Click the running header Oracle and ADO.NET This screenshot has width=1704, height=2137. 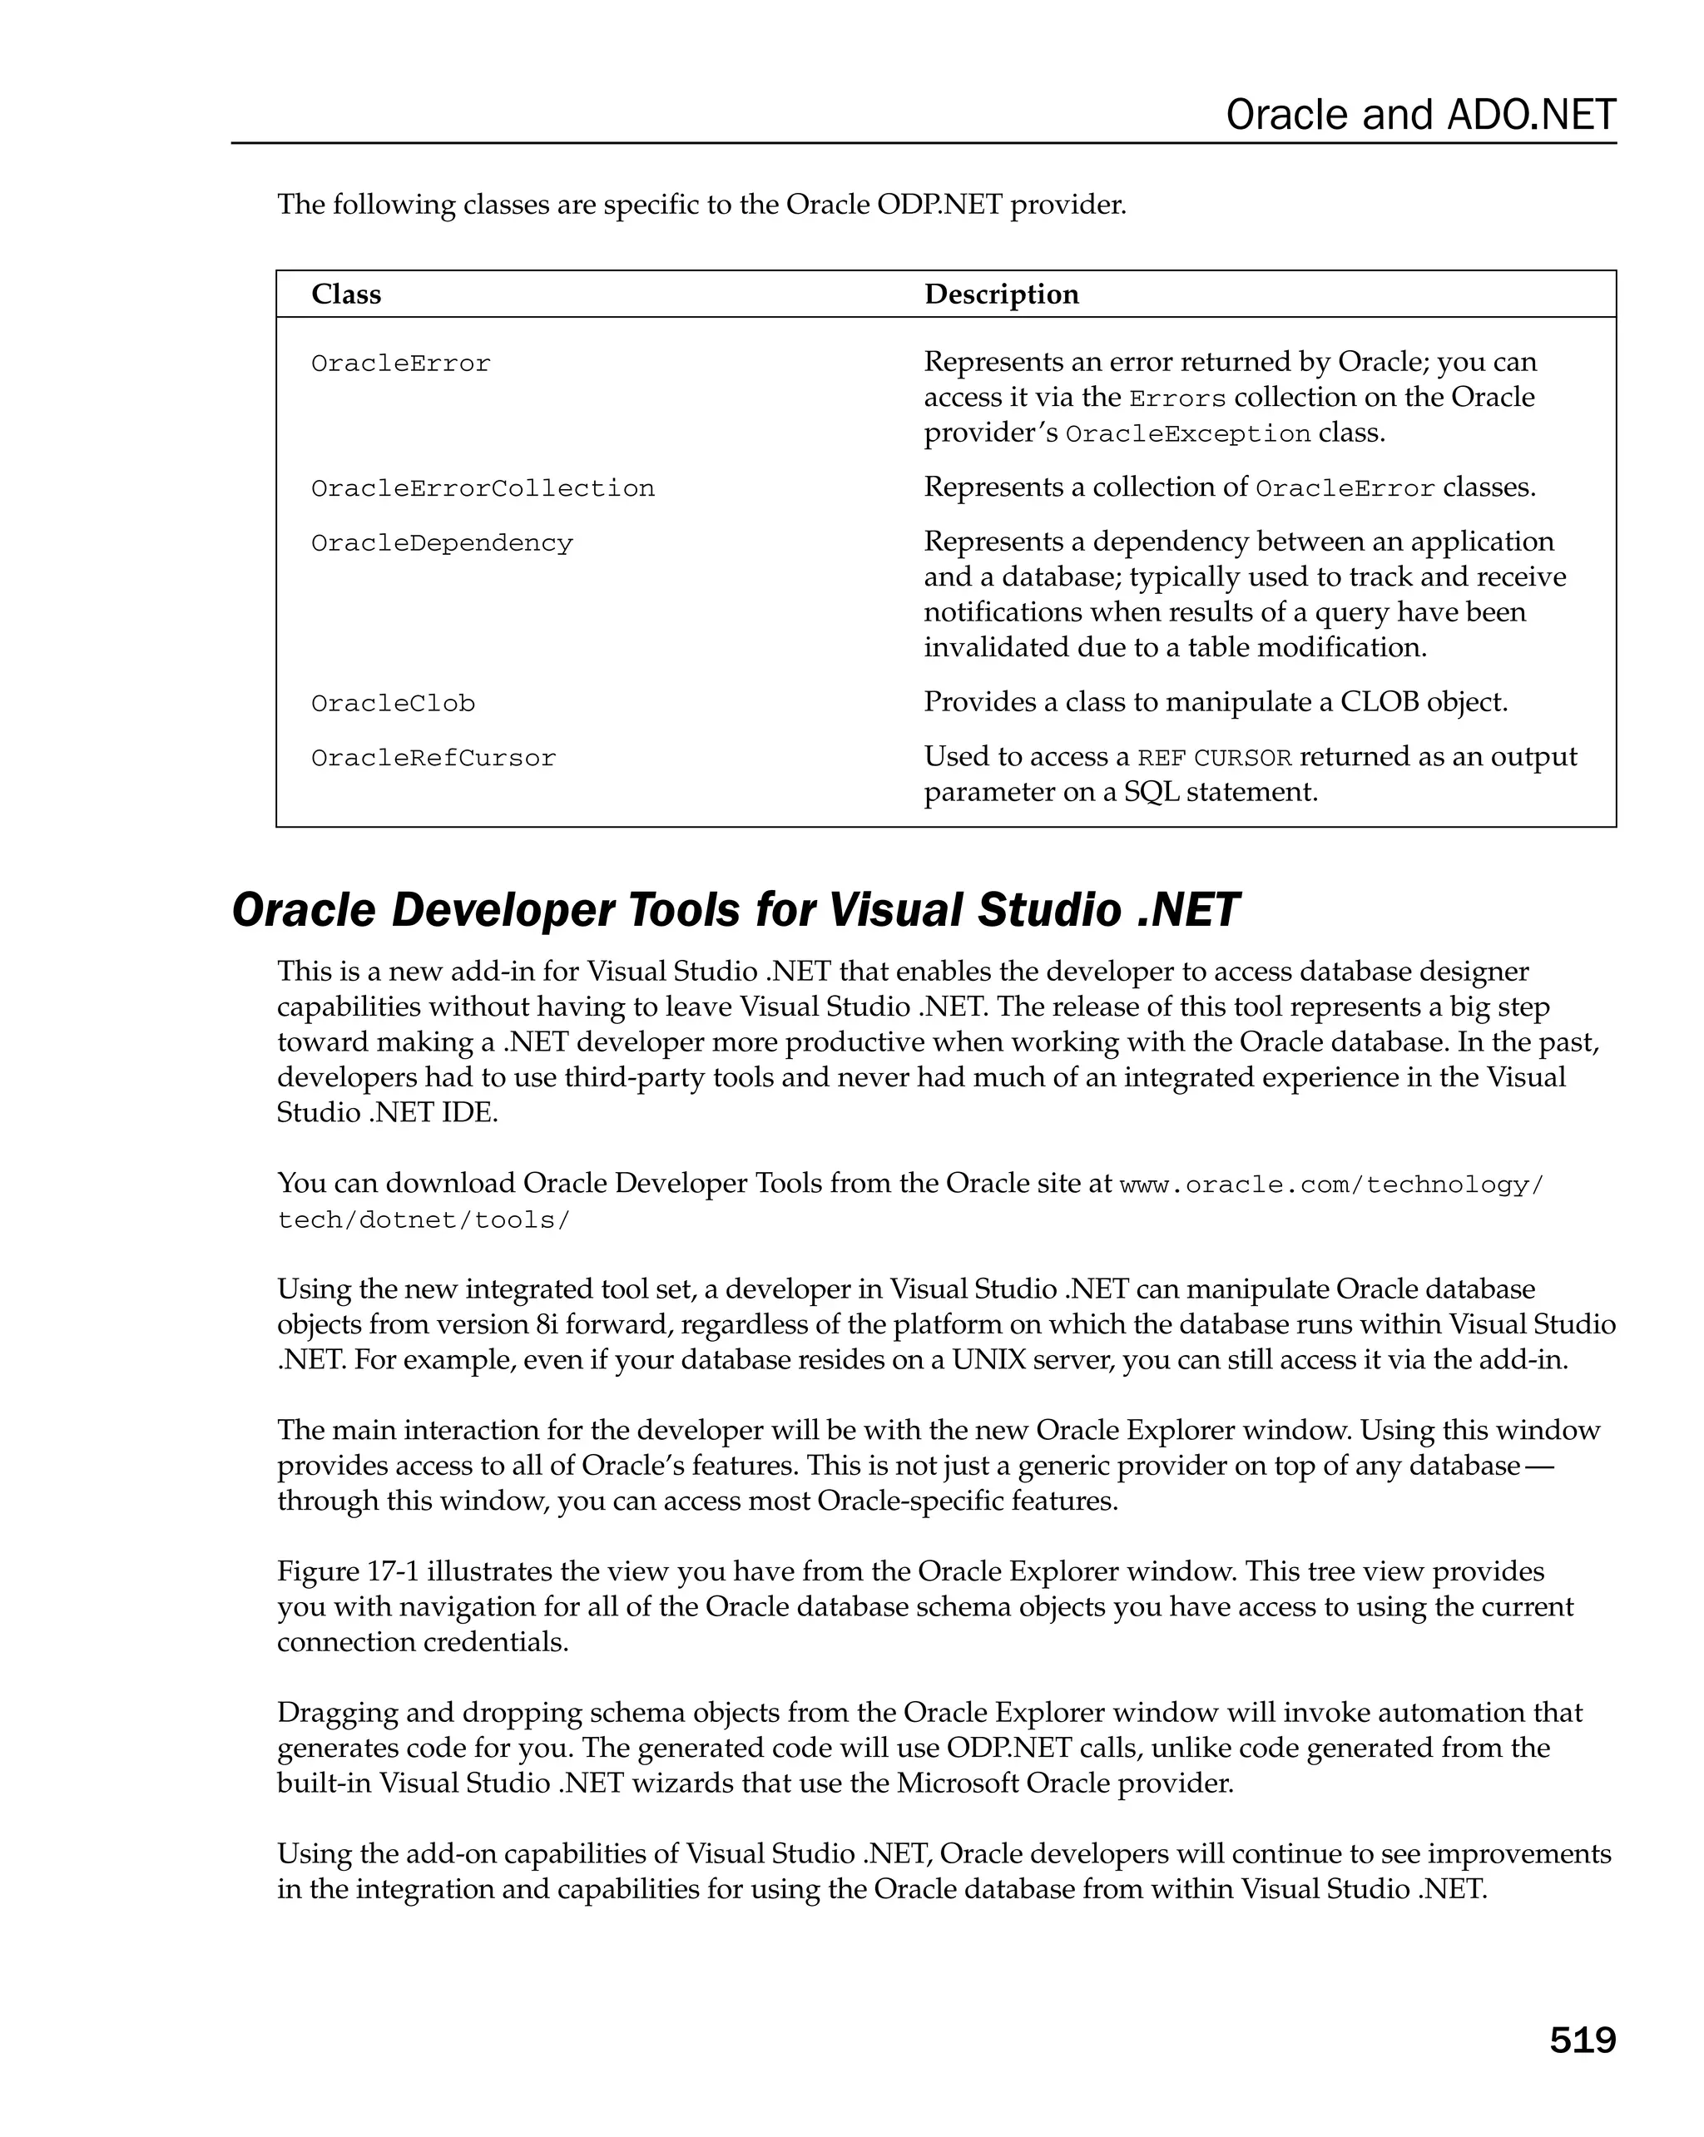(x=1419, y=115)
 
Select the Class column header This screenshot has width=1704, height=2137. (x=346, y=294)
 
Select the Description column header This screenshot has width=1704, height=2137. (x=1001, y=294)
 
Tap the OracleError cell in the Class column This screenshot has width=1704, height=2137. (x=400, y=364)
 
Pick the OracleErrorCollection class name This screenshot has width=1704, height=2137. (x=483, y=488)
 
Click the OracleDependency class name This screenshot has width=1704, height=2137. (x=442, y=543)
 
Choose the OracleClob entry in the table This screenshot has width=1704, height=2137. (x=393, y=704)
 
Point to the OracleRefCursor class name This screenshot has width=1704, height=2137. (x=433, y=759)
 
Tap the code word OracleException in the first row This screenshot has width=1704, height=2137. (x=1187, y=434)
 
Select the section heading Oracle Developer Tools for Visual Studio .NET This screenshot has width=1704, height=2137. (x=735, y=910)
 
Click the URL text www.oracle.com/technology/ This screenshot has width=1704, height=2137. (x=1331, y=1185)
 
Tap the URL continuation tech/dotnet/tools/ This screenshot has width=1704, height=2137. (x=424, y=1220)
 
